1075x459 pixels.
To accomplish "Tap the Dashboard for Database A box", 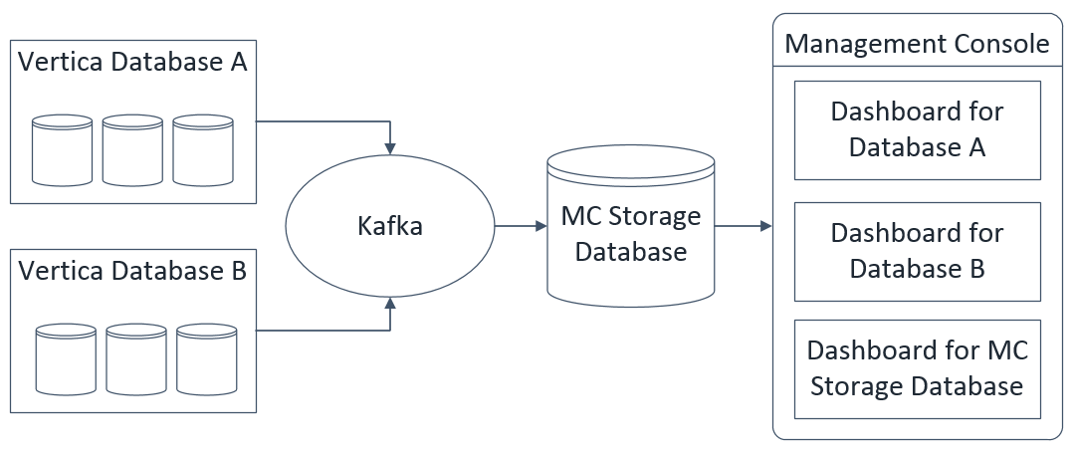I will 917,130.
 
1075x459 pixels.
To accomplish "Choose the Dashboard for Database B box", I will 917,251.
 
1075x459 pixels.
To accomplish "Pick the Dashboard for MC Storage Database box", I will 917,369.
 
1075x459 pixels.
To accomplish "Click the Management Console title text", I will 917,44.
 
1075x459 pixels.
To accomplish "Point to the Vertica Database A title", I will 132,62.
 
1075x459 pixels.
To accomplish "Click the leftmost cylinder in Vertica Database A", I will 63,150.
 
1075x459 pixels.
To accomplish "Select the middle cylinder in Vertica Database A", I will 132,150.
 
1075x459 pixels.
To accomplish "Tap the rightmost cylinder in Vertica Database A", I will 203,150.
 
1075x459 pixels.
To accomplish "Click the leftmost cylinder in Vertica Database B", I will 66,359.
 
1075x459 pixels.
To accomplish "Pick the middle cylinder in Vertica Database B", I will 136,359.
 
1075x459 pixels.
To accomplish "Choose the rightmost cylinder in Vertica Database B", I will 207,359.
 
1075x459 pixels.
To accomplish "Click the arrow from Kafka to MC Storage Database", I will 520,226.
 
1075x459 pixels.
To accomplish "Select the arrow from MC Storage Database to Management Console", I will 744,226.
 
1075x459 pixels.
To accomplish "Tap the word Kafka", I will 389,226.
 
